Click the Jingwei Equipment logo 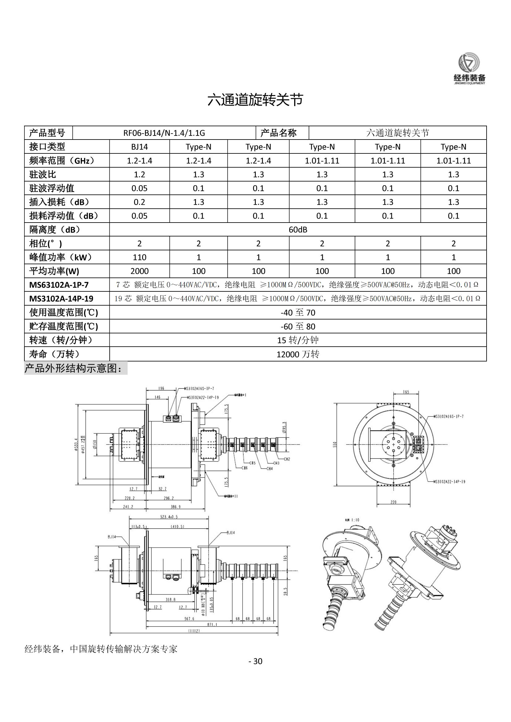click(469, 69)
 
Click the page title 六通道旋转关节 click(255, 100)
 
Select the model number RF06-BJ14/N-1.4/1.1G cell click(164, 133)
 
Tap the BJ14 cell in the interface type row click(139, 147)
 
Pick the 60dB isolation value click(298, 230)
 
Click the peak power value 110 click(139, 257)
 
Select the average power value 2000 click(139, 271)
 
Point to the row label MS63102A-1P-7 click(59, 285)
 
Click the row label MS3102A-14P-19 click(61, 299)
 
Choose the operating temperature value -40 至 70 click(298, 313)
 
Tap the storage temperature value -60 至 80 click(298, 326)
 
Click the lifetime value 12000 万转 click(298, 354)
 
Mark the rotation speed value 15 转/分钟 click(298, 340)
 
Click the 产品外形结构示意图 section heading click(73, 368)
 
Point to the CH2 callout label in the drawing click(287, 459)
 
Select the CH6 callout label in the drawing click(244, 468)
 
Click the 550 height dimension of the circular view click(335, 444)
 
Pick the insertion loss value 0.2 click(139, 202)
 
